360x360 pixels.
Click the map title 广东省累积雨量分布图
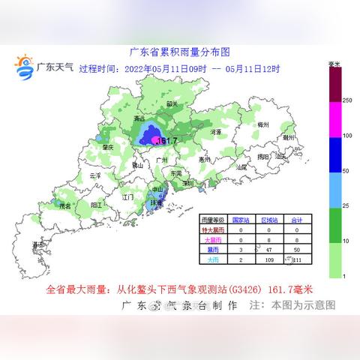pos(179,52)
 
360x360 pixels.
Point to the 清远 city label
pos(138,118)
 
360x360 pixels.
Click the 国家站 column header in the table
pos(241,220)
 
